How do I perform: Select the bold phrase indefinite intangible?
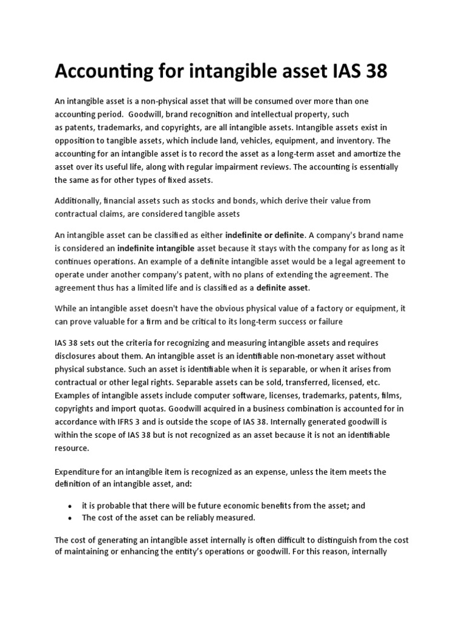coord(156,248)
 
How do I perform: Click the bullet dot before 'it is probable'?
coord(71,506)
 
